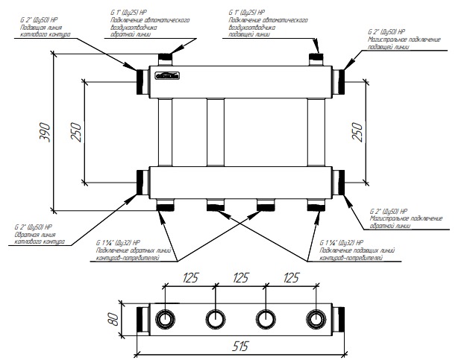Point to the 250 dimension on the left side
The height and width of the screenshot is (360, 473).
click(75, 131)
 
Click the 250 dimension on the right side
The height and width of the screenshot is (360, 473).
click(357, 131)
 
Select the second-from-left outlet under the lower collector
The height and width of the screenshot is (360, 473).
click(216, 205)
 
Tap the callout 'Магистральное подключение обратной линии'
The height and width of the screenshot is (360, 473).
click(406, 222)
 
